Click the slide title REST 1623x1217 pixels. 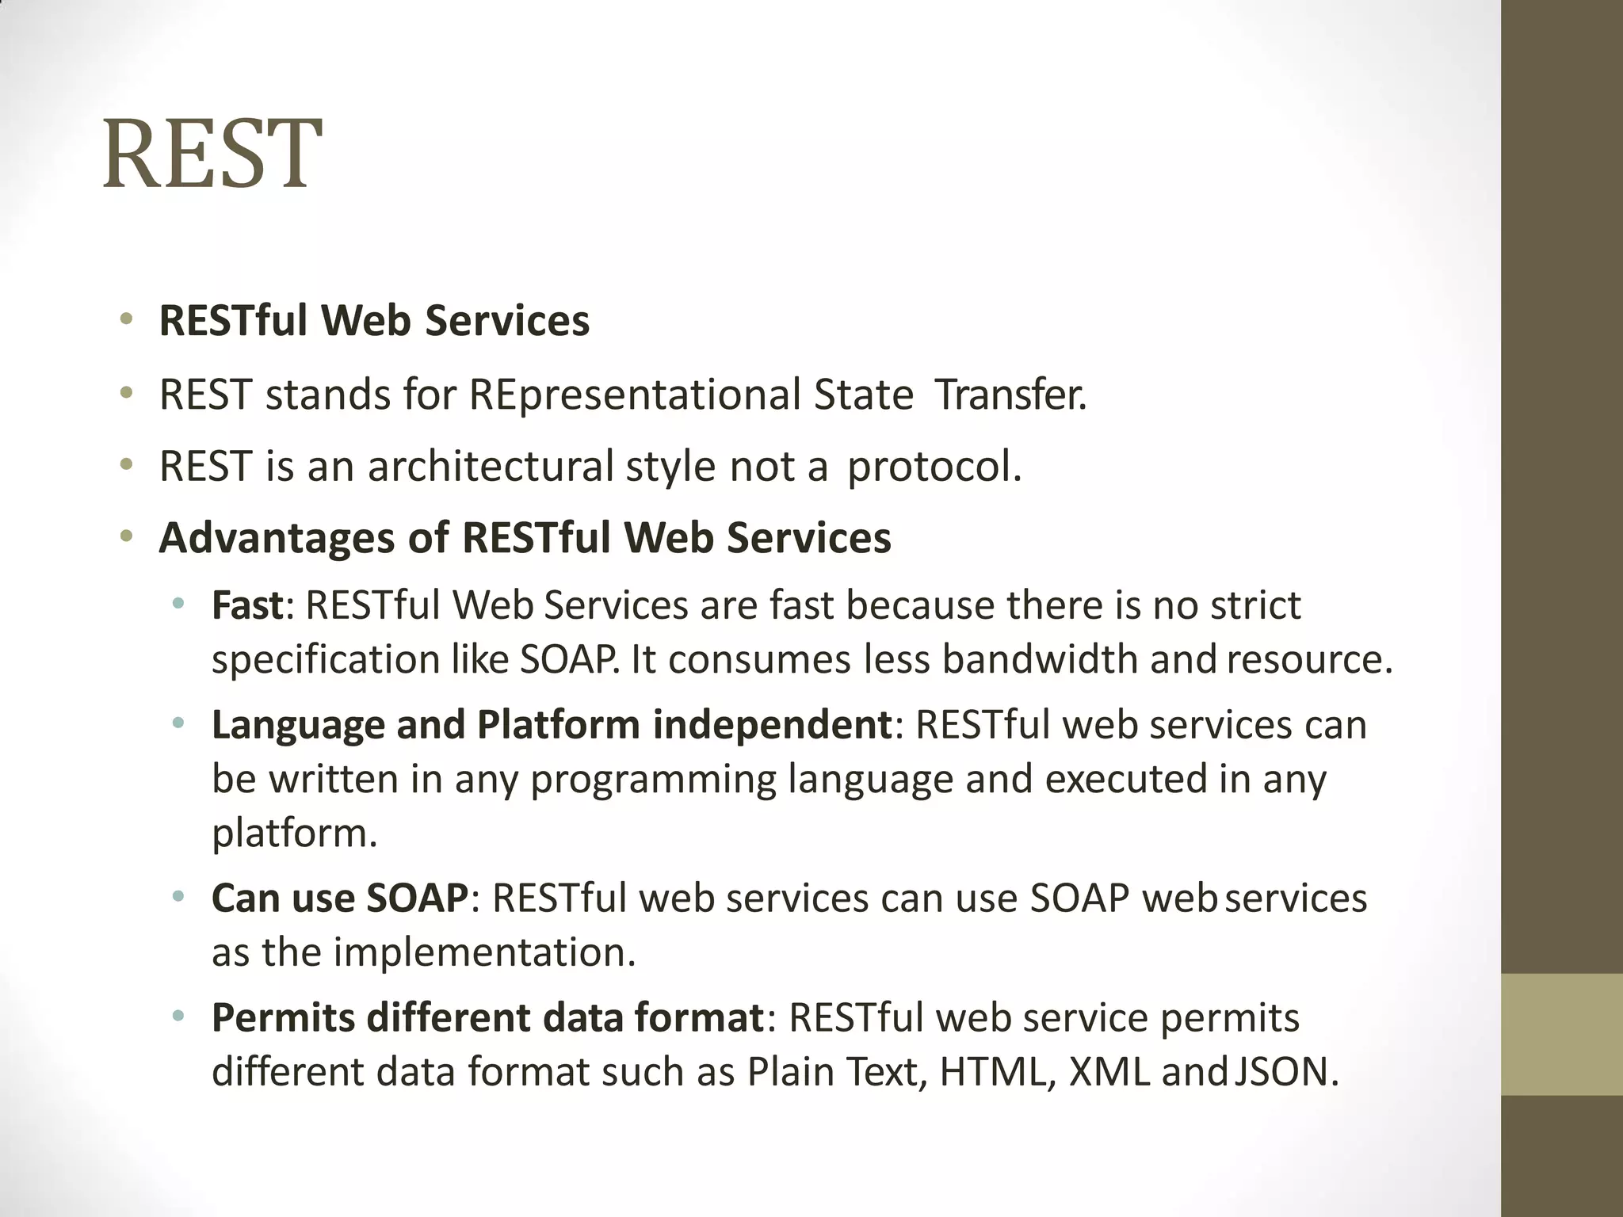pyautogui.click(x=212, y=155)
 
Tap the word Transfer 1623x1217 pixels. pyautogui.click(x=1010, y=395)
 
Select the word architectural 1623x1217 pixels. pyautogui.click(x=491, y=466)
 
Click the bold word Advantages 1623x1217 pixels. pyautogui.click(x=277, y=538)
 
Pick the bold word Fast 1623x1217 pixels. pyautogui.click(x=246, y=605)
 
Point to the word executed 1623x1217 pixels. pyautogui.click(x=1125, y=779)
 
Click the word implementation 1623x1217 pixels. pyautogui.click(x=483, y=952)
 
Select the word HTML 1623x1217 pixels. pyautogui.click(x=997, y=1072)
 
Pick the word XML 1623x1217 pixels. pyautogui.click(x=1108, y=1072)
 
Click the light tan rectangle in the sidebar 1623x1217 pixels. pyautogui.click(x=1561, y=1034)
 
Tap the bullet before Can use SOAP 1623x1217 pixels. pyautogui.click(x=178, y=898)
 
